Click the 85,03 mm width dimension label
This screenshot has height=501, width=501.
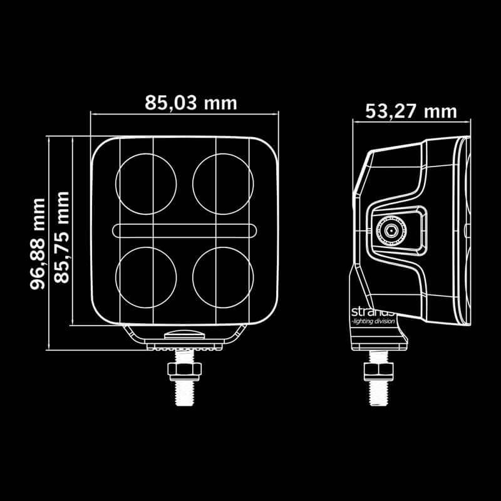coord(191,102)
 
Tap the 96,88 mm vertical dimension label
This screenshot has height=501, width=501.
coord(39,243)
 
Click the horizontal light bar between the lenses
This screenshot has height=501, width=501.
coord(185,230)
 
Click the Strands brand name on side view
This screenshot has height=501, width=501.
coord(372,311)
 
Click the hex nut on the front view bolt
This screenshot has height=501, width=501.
coord(184,368)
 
